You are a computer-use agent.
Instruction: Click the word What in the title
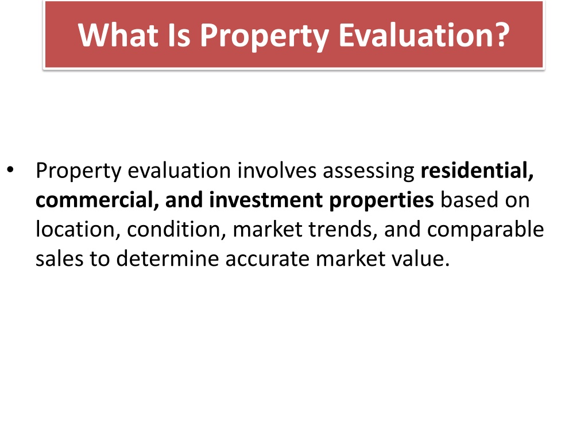118,35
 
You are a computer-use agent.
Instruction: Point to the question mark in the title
500,34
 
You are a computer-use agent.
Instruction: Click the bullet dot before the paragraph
10,169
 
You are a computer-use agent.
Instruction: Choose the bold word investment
266,200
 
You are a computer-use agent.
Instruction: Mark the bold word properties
381,200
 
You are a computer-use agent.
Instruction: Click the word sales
59,259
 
